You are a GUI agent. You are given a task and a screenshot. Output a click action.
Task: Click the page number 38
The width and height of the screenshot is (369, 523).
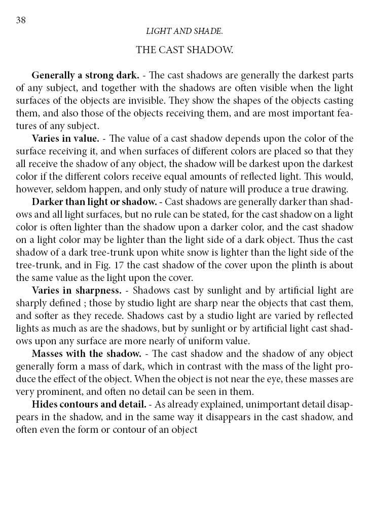[x=21, y=20]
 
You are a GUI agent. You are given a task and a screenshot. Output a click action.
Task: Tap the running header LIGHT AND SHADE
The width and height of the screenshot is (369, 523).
[x=184, y=31]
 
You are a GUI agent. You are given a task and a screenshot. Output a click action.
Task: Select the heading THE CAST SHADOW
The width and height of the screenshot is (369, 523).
[x=184, y=50]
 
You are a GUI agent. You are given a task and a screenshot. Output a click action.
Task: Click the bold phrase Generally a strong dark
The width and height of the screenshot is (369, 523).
[x=85, y=76]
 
